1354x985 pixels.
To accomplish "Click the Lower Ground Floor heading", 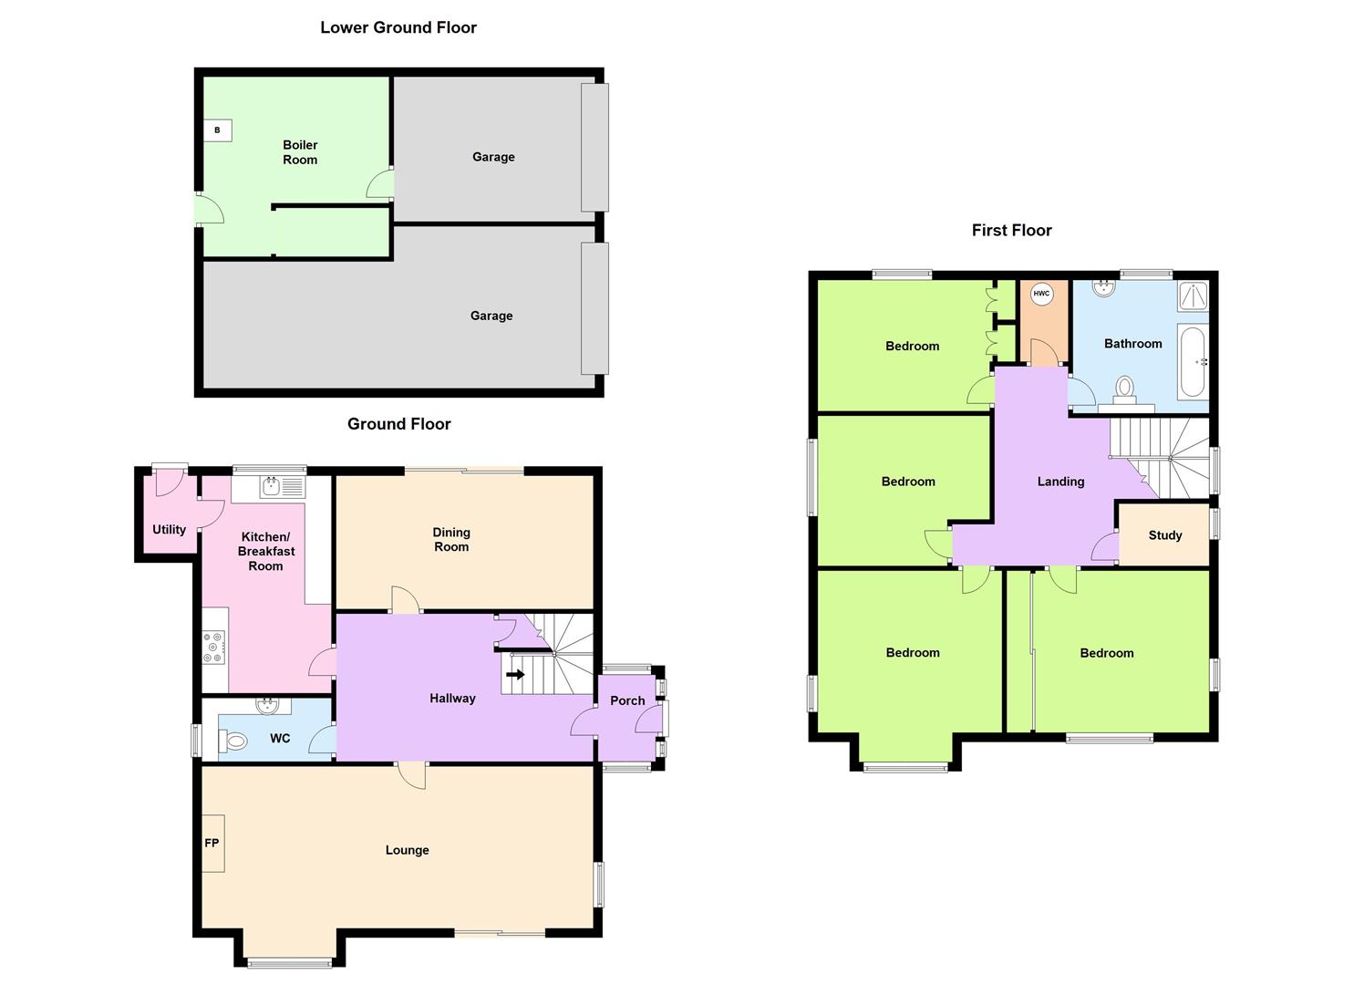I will tap(398, 27).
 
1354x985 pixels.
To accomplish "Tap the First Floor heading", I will tap(1011, 230).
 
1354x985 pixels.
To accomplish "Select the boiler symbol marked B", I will tap(217, 130).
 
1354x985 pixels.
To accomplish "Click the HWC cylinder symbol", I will tap(1041, 294).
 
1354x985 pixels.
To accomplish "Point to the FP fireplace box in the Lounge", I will tap(212, 843).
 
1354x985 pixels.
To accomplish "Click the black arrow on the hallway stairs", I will tap(515, 675).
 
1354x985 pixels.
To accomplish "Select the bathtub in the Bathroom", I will tap(1193, 360).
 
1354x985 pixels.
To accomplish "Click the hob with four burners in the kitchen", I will tap(214, 647).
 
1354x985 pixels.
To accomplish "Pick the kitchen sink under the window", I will tap(272, 487).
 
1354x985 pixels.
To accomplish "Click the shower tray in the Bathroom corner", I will tap(1194, 295).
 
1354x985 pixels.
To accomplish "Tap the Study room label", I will tap(1164, 535).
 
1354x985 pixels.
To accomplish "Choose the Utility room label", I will tap(169, 529).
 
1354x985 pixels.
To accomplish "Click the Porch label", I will tap(627, 700).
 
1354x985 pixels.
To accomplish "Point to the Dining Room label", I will tap(451, 539).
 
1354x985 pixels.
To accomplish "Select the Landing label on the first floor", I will tap(1060, 481).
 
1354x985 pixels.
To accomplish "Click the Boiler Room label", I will tap(300, 152).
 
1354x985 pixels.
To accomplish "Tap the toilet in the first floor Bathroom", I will tap(1125, 389).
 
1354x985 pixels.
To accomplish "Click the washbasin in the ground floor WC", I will tap(268, 704).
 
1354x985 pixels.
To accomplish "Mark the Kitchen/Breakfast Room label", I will tap(266, 551).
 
